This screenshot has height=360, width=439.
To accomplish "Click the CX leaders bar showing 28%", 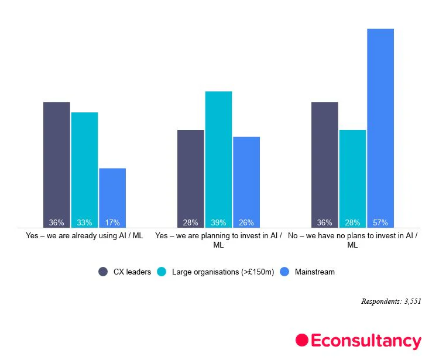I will (x=191, y=179).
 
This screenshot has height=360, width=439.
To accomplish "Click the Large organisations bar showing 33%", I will (x=84, y=170).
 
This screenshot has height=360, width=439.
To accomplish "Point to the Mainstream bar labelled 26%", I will (x=246, y=182).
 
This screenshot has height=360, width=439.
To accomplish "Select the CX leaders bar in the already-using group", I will (x=57, y=164).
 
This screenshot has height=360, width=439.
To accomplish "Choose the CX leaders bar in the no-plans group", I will (x=325, y=164).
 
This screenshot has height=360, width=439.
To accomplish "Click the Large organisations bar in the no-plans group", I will (x=352, y=179).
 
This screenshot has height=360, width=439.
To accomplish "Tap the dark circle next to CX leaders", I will (x=103, y=272).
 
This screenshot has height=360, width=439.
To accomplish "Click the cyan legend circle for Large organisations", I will (x=162, y=272).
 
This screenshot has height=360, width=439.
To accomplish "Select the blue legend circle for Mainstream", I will (x=284, y=272).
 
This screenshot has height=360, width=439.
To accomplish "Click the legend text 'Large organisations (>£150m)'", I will (x=223, y=272).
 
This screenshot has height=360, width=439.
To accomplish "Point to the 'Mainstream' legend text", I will (x=315, y=272).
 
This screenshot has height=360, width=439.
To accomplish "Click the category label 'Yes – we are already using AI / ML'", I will (x=84, y=236).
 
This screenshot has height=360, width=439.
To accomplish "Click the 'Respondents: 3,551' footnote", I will (x=391, y=301).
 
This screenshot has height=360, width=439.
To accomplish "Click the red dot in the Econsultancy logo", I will (x=302, y=341).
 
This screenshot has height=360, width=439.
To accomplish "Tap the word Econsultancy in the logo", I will (x=366, y=341).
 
